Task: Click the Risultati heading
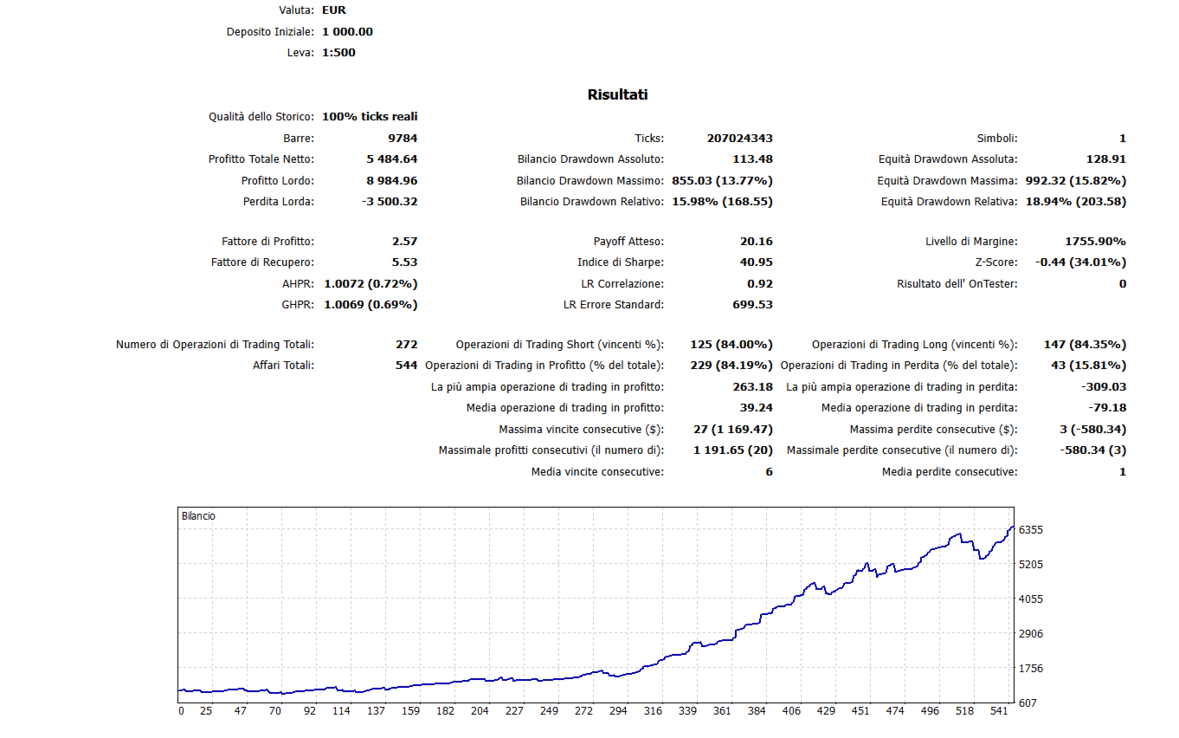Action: pyautogui.click(x=617, y=94)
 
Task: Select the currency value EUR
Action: pyautogui.click(x=334, y=10)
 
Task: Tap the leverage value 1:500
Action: pyautogui.click(x=338, y=53)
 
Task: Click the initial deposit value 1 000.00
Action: pyautogui.click(x=347, y=31)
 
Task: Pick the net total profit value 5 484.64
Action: pyautogui.click(x=391, y=159)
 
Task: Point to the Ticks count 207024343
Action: pyautogui.click(x=739, y=138)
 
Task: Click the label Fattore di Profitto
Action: pyautogui.click(x=267, y=242)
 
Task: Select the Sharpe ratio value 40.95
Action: pyautogui.click(x=757, y=262)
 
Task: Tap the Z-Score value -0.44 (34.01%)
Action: pyautogui.click(x=1080, y=262)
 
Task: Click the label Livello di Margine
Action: pyautogui.click(x=971, y=242)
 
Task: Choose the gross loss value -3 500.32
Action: pyautogui.click(x=390, y=202)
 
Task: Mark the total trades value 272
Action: pyautogui.click(x=406, y=345)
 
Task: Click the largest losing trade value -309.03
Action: pyautogui.click(x=1104, y=387)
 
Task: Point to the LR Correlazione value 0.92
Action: pyautogui.click(x=760, y=284)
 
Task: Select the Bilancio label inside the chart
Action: pyautogui.click(x=198, y=516)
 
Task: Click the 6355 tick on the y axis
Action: pyautogui.click(x=1031, y=530)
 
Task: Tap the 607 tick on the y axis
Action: pyautogui.click(x=1028, y=703)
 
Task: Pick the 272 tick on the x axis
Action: pyautogui.click(x=583, y=711)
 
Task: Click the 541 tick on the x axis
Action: pyautogui.click(x=998, y=711)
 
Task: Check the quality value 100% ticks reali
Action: pyautogui.click(x=370, y=116)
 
